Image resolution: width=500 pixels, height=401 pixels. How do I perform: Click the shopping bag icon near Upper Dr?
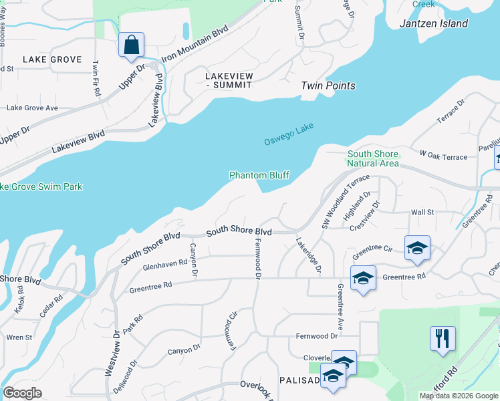coord(132,45)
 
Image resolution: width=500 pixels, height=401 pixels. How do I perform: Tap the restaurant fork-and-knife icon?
coord(442,338)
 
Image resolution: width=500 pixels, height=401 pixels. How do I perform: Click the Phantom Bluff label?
coord(259,175)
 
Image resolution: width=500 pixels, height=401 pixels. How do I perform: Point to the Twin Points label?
coord(328,86)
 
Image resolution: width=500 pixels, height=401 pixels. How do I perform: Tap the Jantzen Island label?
coord(433,23)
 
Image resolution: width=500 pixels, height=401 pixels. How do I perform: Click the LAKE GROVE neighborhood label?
coord(52,59)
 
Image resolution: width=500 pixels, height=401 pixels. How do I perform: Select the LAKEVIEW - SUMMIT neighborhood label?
coord(229,80)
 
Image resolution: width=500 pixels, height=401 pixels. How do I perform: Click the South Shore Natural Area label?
coord(373,158)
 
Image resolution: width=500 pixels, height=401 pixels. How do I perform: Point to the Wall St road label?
coord(422,212)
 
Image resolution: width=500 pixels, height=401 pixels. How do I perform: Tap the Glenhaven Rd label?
coord(165,265)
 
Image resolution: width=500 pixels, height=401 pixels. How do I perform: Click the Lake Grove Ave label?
coord(32,108)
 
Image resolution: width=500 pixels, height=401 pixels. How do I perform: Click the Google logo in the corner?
coord(23,393)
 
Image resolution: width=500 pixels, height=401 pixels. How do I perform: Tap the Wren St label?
coord(19,338)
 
